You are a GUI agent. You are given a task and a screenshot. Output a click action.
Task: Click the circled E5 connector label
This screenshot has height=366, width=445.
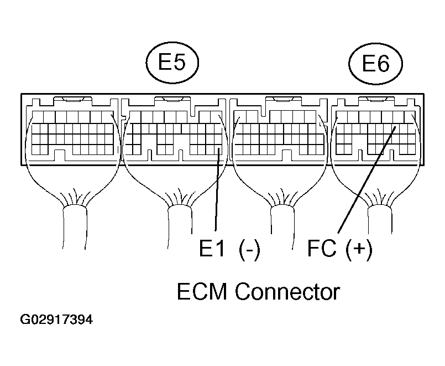[x=172, y=63]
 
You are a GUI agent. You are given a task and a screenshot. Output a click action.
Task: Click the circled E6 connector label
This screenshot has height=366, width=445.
[x=375, y=64]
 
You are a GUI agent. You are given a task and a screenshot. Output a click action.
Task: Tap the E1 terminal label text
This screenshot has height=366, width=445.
[x=212, y=248]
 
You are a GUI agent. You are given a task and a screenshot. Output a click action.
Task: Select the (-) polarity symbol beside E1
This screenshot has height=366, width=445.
[x=249, y=250]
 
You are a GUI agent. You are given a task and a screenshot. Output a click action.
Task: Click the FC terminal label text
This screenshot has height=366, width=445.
[x=322, y=248]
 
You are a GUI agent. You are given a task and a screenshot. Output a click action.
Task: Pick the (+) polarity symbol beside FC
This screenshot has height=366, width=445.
[x=359, y=250]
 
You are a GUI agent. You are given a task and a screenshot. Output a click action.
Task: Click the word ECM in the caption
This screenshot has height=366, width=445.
[x=202, y=292]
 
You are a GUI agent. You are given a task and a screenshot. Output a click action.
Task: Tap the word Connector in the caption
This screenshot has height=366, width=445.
[x=287, y=292]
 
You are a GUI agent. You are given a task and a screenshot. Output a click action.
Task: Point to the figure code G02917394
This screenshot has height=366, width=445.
[x=56, y=319]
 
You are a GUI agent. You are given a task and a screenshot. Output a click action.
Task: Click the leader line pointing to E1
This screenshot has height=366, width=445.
[x=217, y=190]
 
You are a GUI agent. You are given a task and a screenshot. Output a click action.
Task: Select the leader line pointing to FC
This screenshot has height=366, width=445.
[x=366, y=180]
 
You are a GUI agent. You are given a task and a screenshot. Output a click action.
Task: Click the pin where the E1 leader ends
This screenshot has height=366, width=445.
[x=218, y=150]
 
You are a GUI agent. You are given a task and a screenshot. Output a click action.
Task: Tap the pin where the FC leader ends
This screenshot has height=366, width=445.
[x=395, y=128]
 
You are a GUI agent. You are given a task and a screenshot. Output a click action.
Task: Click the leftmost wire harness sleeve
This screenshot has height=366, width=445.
[x=75, y=228]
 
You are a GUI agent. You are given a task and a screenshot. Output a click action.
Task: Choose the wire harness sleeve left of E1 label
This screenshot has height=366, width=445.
[x=180, y=226]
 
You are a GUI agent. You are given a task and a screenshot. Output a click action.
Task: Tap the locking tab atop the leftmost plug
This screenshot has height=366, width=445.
[x=73, y=99]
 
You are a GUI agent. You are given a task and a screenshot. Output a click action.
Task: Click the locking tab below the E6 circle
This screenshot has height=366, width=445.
[x=376, y=99]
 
